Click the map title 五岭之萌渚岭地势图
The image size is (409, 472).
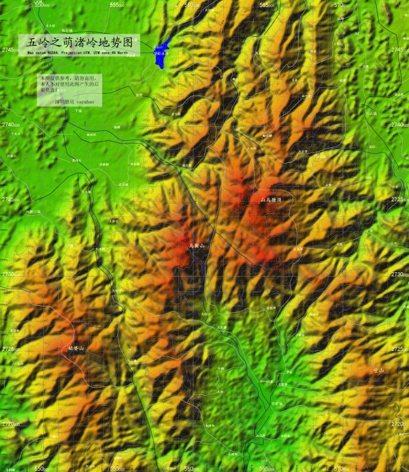pyautogui.click(x=80, y=43)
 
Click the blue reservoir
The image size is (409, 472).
pyautogui.click(x=160, y=55)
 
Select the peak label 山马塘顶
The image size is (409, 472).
pyautogui.click(x=271, y=199)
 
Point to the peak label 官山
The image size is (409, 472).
pyautogui.click(x=379, y=369)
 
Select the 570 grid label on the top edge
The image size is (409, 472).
pyautogui.click(x=342, y=4)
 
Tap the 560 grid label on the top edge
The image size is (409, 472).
pyautogui.click(x=193, y=4)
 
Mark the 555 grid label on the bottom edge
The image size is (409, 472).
pyautogui.click(x=118, y=469)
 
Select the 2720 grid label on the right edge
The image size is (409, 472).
pyautogui.click(x=399, y=424)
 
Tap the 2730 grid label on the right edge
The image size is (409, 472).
pyautogui.click(x=399, y=274)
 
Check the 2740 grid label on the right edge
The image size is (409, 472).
pyautogui.click(x=399, y=124)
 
